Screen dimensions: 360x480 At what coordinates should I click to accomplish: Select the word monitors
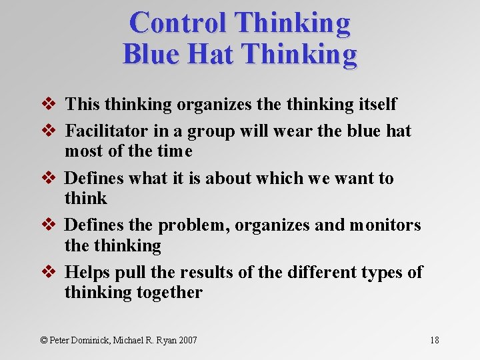[x=385, y=225]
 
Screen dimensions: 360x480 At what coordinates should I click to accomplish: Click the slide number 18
[x=434, y=340]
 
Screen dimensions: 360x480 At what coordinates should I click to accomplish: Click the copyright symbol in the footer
[x=44, y=340]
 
